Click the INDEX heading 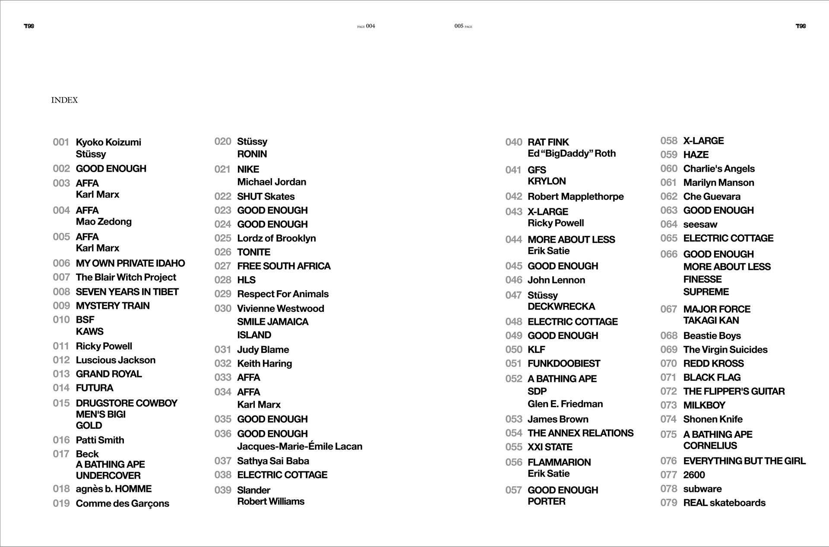64,100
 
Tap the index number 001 61,142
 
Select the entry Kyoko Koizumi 108,142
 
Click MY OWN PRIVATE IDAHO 130,263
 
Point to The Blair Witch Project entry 126,277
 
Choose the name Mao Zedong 104,222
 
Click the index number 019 61,503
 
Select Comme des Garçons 123,503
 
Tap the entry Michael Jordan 272,182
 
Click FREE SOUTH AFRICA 284,266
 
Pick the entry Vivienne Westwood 281,308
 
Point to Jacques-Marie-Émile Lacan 300,446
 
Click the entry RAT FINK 548,142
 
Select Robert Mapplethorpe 576,197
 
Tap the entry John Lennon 556,280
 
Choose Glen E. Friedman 565,404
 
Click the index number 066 669,255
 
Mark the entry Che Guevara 712,197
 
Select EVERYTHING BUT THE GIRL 744,461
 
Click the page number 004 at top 370,26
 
